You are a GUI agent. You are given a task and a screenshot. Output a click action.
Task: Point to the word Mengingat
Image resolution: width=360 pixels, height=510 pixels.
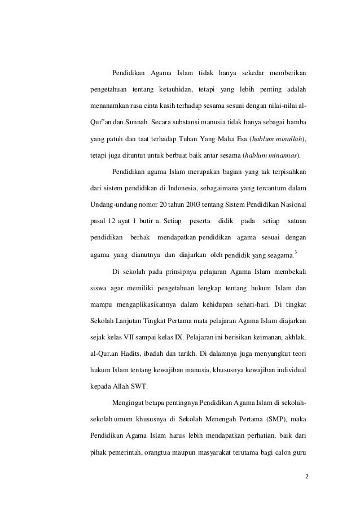tap(129, 405)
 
